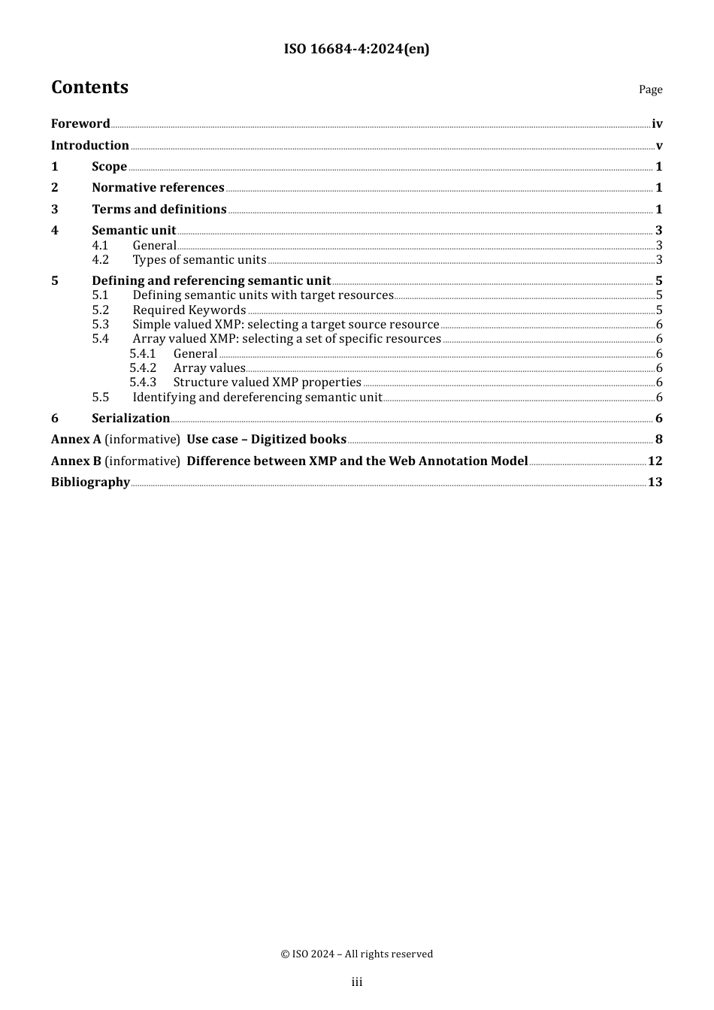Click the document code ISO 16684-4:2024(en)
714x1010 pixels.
356,50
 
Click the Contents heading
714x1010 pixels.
89,88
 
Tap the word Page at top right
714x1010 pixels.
650,89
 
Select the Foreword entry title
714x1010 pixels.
80,124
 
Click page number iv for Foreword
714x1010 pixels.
657,124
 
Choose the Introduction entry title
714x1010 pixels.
89,146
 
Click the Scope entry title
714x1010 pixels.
109,167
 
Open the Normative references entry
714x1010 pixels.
158,188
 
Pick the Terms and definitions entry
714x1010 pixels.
159,210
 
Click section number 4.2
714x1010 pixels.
101,260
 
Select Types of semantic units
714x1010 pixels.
199,260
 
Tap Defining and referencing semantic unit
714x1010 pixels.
211,281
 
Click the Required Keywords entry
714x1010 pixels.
189,310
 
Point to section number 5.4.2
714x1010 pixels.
143,368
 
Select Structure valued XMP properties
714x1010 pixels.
267,383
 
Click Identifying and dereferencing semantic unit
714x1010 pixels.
257,398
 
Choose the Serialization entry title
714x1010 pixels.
131,419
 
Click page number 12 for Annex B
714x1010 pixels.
655,461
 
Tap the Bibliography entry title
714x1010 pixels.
90,482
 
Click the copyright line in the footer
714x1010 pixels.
356,954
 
